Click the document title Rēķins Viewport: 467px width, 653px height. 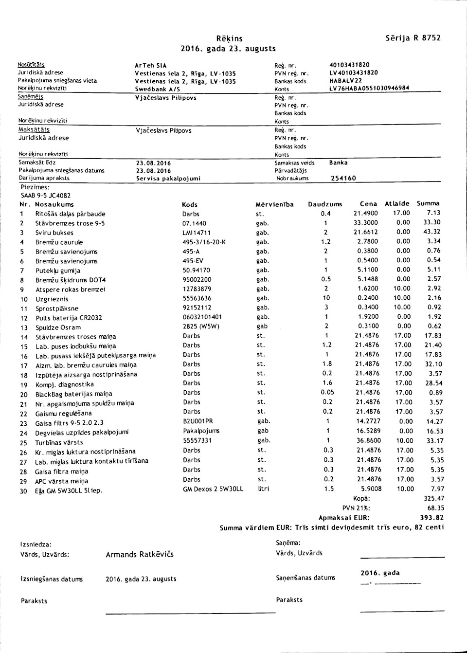click(x=230, y=38)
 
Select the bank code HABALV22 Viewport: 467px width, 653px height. click(x=345, y=81)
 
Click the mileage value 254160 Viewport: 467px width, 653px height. click(x=343, y=179)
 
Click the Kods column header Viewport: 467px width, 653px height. click(x=190, y=204)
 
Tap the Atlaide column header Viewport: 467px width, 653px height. click(x=397, y=203)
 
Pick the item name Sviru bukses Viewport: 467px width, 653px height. click(x=54, y=233)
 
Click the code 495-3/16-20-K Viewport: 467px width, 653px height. click(x=204, y=242)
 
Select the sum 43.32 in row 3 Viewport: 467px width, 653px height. click(x=432, y=232)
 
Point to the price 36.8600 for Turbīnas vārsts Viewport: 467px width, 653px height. click(x=368, y=440)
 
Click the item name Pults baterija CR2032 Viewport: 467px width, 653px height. click(x=69, y=318)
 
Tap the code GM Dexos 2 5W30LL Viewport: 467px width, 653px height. click(x=213, y=489)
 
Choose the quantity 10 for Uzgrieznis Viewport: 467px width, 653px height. click(x=326, y=298)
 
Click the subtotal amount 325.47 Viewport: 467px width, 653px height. click(x=434, y=498)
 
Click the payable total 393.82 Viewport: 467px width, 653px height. click(x=432, y=517)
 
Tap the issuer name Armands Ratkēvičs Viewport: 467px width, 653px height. click(x=139, y=554)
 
